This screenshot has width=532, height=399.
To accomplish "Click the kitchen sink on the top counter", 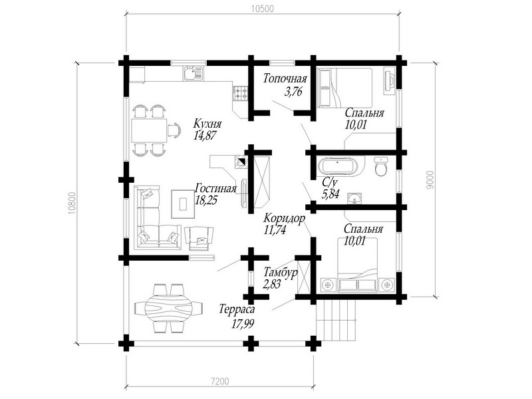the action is pos(193,73).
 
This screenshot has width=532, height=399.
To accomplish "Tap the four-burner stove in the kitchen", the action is pos(241,93).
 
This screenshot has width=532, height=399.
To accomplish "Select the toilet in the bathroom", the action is pos(381,166).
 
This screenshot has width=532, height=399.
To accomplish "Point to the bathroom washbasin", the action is pos(355,198).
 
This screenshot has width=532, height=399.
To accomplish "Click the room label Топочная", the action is pos(285,78).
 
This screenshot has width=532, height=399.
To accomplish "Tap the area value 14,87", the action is pos(205,136).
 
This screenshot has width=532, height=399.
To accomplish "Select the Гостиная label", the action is pos(215,188).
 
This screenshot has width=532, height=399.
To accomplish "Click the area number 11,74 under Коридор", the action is pos(275,230).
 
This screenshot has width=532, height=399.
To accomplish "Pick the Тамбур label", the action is pos(281,272).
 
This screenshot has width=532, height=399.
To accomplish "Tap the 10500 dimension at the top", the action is pos(262,9).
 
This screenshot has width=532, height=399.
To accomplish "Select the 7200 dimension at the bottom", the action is pos(219,381).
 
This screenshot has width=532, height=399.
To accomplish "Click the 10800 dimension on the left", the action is pos(72,203).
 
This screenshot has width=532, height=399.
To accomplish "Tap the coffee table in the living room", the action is pos(184,204).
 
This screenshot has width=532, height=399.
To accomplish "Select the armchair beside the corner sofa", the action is pos(199,239).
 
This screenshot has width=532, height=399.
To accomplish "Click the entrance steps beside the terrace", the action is pos(336,320).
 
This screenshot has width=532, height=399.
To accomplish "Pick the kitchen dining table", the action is pos(149,130).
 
